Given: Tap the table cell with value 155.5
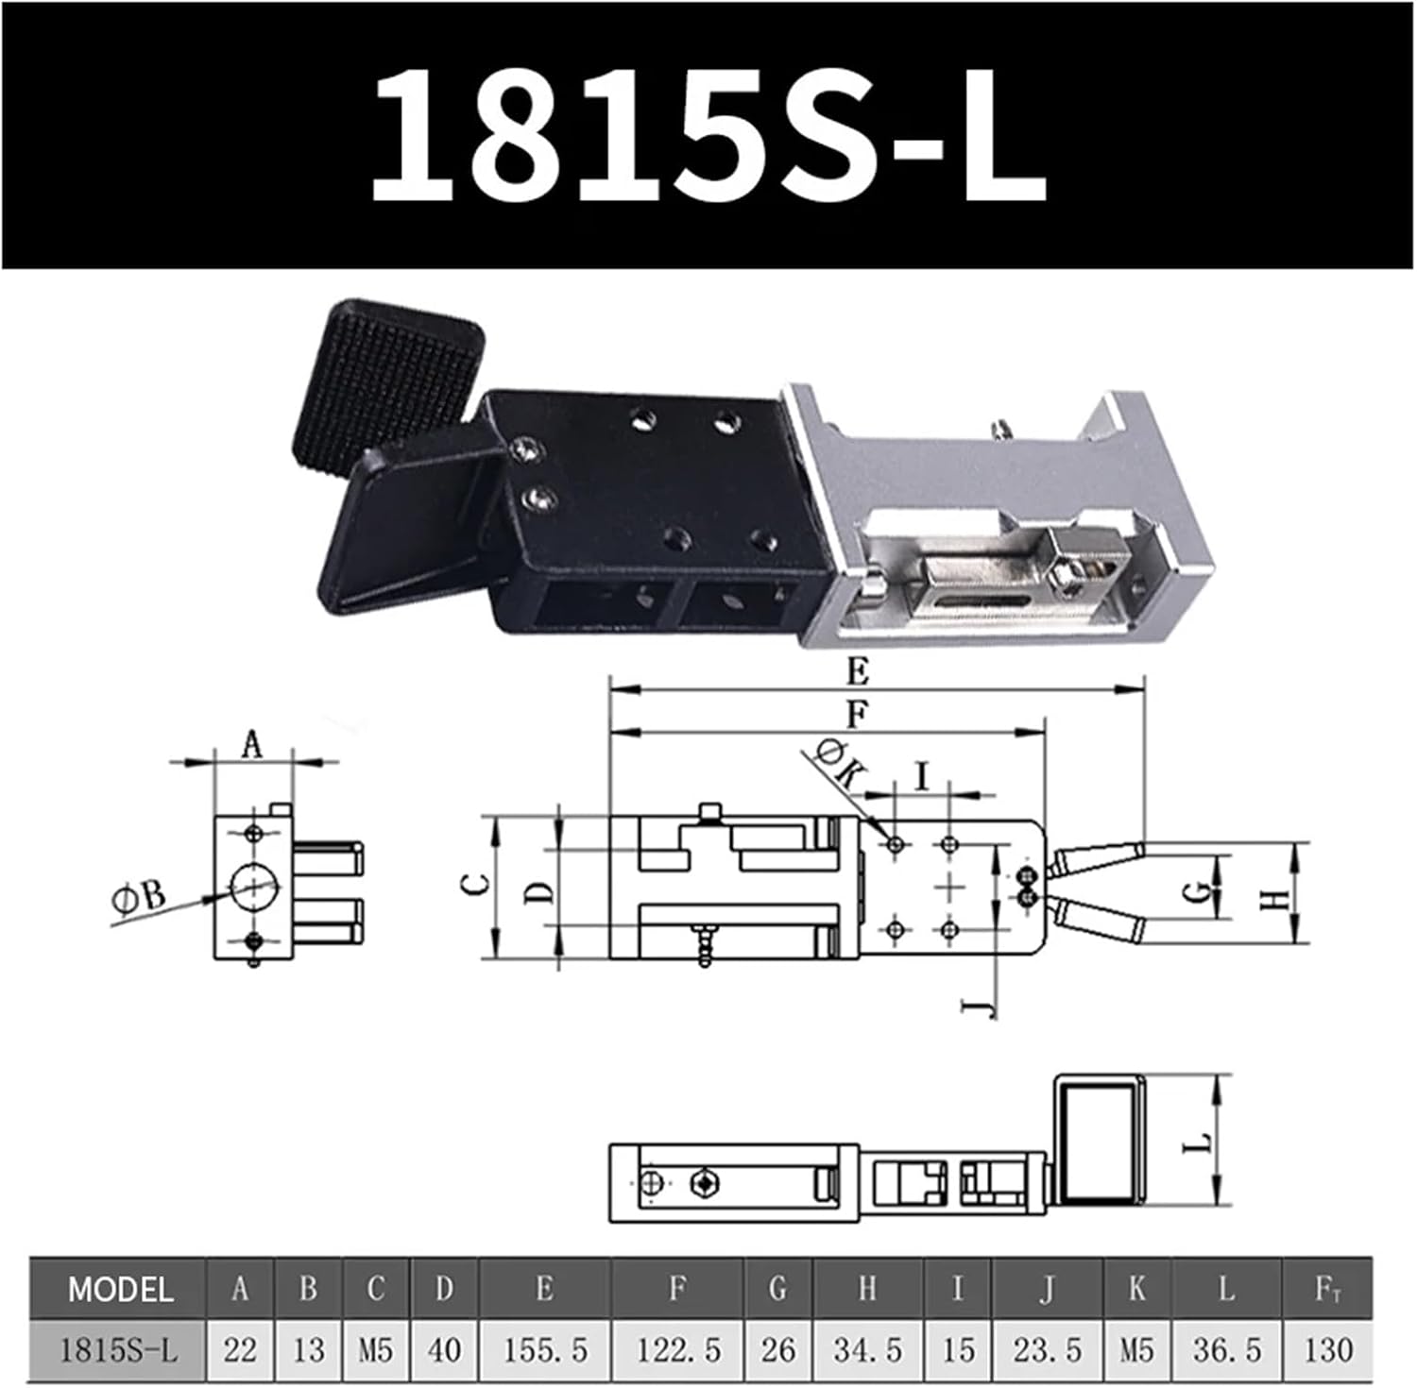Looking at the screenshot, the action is pyautogui.click(x=545, y=1350).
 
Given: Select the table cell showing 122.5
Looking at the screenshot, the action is pyautogui.click(x=677, y=1350).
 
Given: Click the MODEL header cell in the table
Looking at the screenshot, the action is pyautogui.click(x=119, y=1289).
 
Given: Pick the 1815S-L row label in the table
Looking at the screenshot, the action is pyautogui.click(x=119, y=1350).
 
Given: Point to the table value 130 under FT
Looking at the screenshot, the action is pyautogui.click(x=1326, y=1350).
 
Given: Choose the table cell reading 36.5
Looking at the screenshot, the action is pyautogui.click(x=1225, y=1350).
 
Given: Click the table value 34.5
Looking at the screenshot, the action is pyautogui.click(x=867, y=1350).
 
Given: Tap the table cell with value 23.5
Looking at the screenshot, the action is pyautogui.click(x=1047, y=1350).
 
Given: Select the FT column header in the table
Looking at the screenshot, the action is pyautogui.click(x=1326, y=1289).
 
